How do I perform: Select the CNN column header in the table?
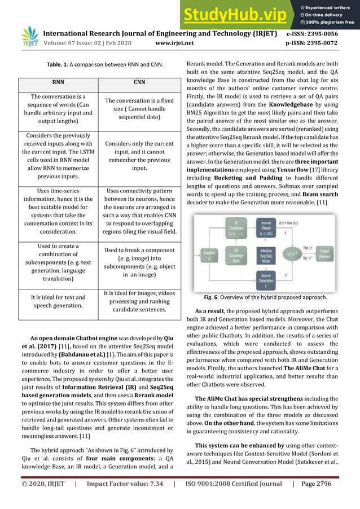click(x=139, y=82)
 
